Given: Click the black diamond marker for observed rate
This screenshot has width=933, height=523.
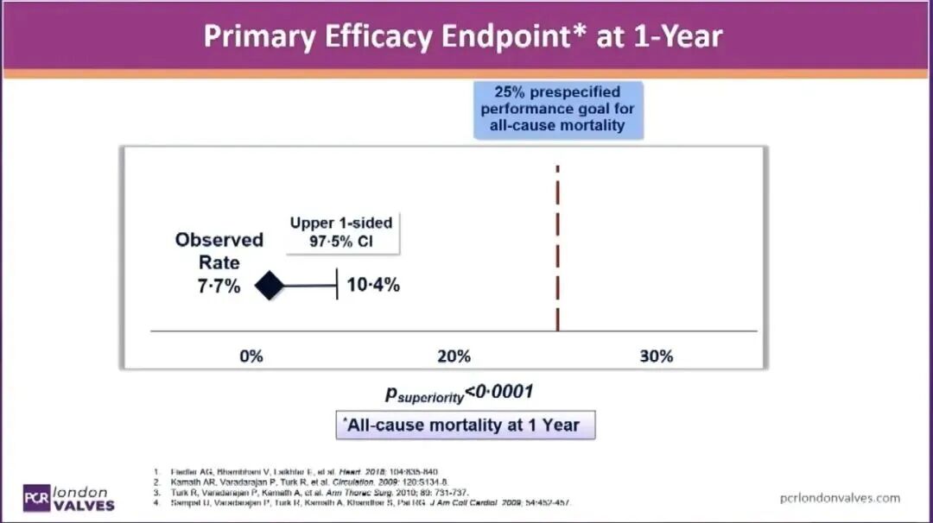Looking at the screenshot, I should pyautogui.click(x=270, y=286).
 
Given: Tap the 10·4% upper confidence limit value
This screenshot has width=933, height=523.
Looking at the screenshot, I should pyautogui.click(x=373, y=286).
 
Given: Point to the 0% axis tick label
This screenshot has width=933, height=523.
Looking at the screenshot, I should pyautogui.click(x=251, y=356).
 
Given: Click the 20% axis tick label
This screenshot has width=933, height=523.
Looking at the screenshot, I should pyautogui.click(x=454, y=356).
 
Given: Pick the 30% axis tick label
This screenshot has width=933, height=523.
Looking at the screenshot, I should pyautogui.click(x=657, y=356).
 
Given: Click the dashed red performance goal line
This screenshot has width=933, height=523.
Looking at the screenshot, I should pyautogui.click(x=558, y=250).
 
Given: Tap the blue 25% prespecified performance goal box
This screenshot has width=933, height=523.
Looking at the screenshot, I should pyautogui.click(x=558, y=109).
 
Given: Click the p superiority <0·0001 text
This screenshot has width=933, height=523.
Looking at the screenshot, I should pyautogui.click(x=459, y=394).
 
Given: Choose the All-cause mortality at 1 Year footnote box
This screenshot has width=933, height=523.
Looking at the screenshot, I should pyautogui.click(x=465, y=425).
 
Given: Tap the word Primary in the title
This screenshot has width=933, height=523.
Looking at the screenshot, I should pyautogui.click(x=245, y=36).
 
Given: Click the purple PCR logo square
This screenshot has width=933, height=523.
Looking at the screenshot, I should pyautogui.click(x=35, y=496).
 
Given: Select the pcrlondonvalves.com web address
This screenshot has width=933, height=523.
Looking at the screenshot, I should pyautogui.click(x=838, y=497).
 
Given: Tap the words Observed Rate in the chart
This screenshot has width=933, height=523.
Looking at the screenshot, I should pyautogui.click(x=219, y=250).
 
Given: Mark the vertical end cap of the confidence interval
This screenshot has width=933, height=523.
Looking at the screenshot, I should pyautogui.click(x=336, y=286).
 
